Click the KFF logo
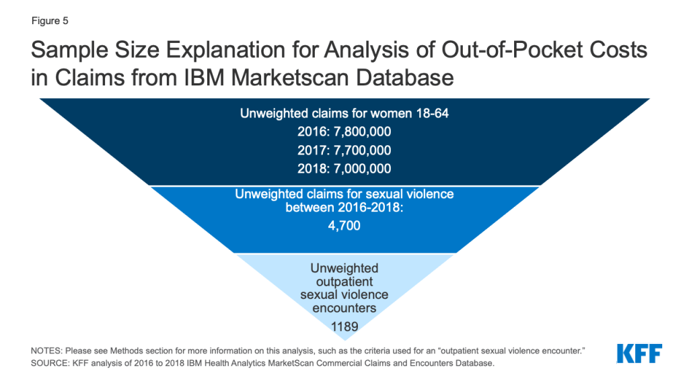[639, 353]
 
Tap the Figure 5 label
[50, 21]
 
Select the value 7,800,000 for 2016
[362, 132]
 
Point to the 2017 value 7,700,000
[362, 150]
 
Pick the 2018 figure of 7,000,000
[362, 169]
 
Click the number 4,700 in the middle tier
[344, 226]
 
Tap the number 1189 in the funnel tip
[344, 327]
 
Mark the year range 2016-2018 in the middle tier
[361, 207]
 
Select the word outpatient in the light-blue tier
[344, 282]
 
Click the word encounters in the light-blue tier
[344, 308]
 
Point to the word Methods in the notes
[126, 351]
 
